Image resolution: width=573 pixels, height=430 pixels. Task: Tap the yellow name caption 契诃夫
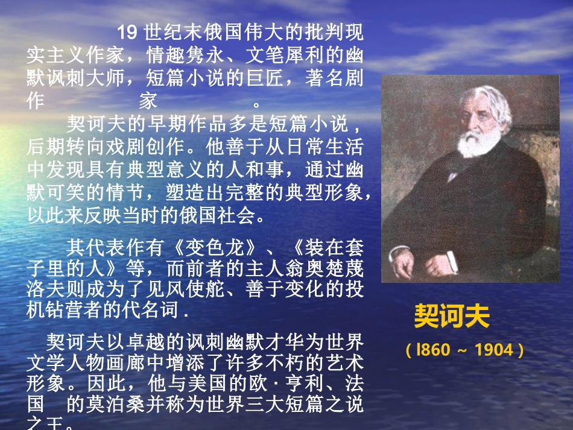pos(451,316)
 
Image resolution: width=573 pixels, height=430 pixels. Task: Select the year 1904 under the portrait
pos(493,350)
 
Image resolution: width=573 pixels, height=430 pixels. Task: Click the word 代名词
pos(159,312)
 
